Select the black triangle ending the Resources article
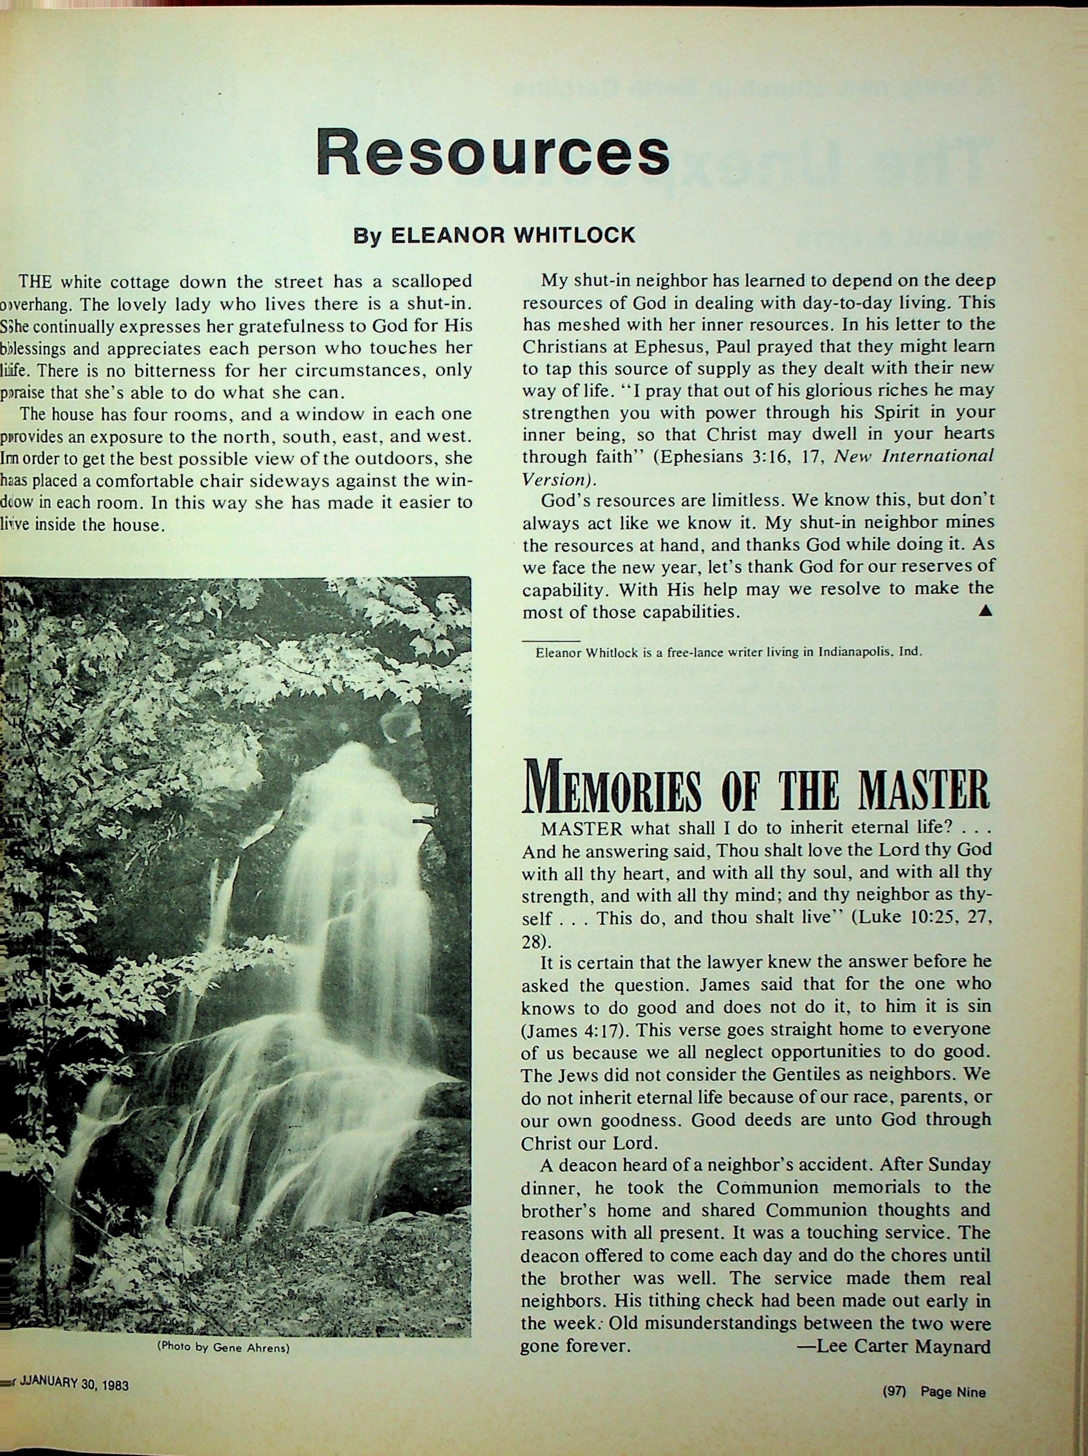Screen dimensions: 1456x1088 click(x=985, y=611)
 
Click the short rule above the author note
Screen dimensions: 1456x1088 click(x=550, y=640)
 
